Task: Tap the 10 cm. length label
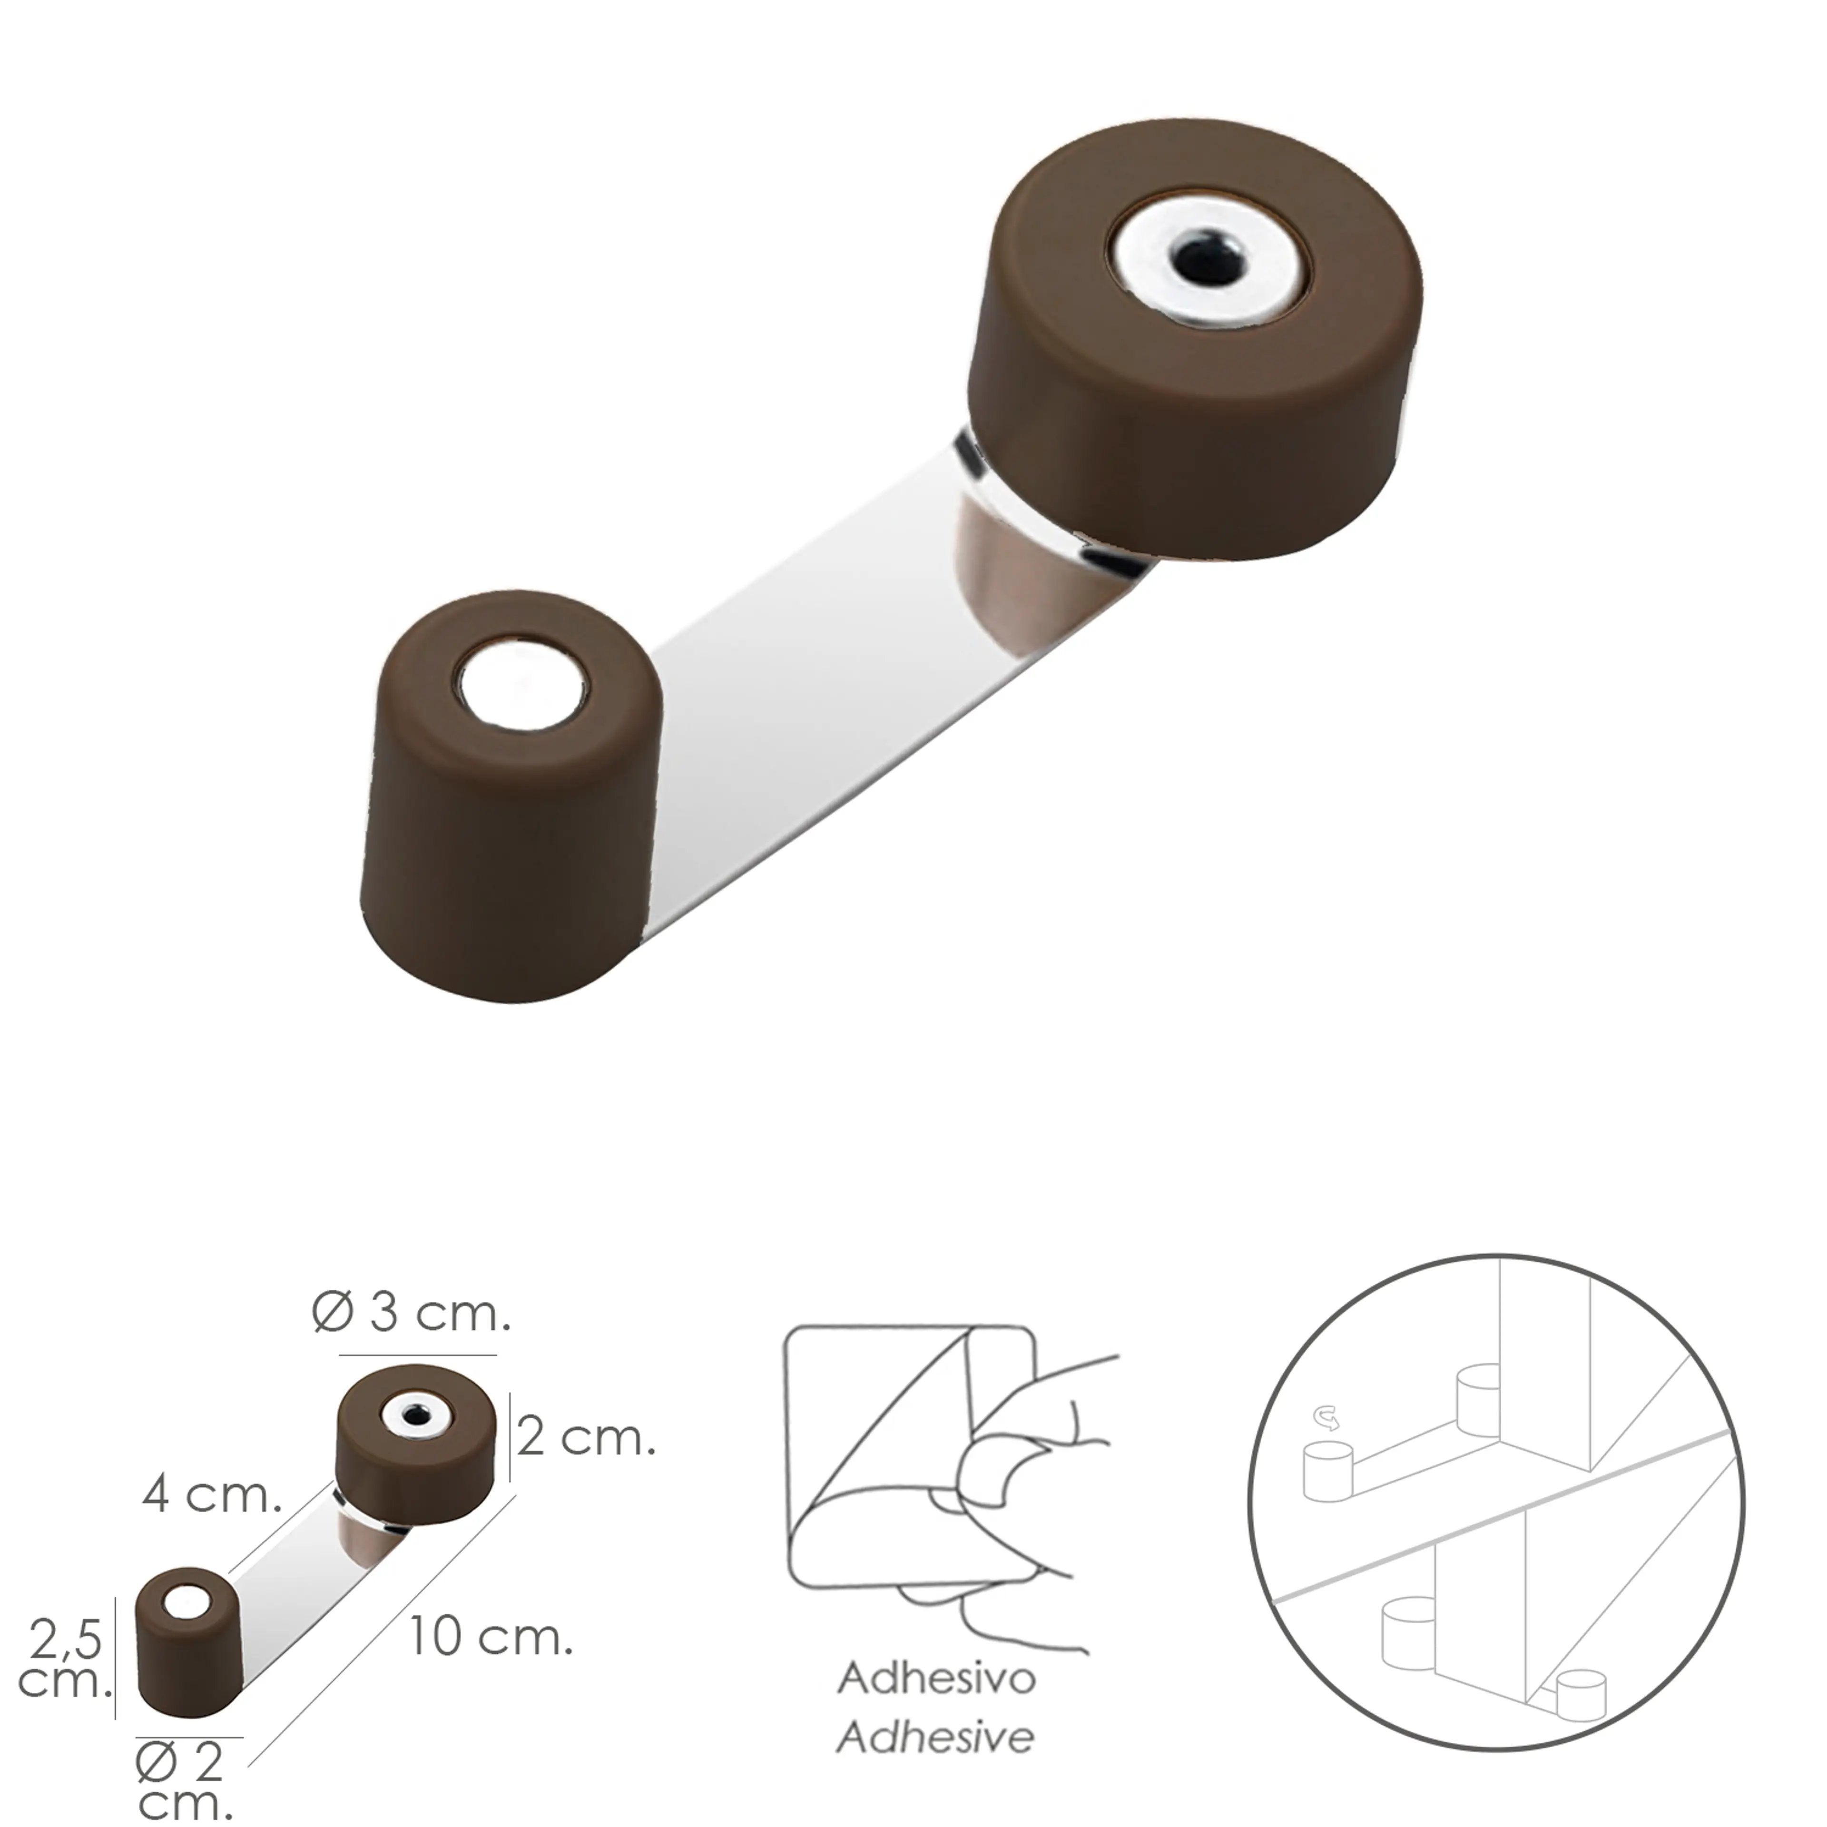coord(490,1637)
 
